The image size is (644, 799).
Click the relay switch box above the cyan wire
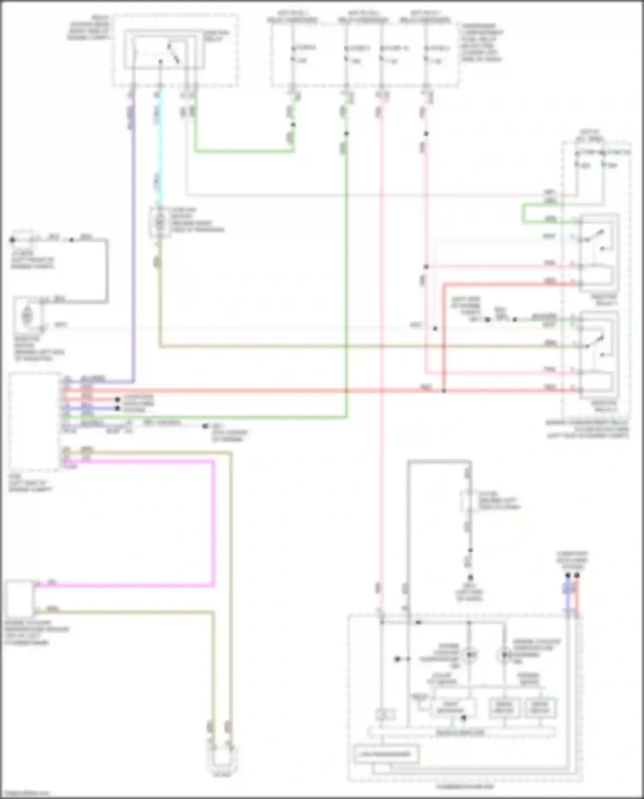164,50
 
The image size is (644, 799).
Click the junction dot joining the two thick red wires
444,391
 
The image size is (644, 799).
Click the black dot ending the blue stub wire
117,408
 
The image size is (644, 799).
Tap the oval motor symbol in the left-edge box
27,316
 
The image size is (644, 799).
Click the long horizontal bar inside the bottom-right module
462,732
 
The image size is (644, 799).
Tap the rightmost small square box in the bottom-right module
540,708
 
